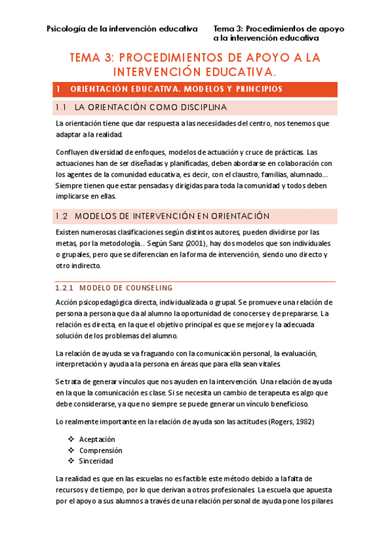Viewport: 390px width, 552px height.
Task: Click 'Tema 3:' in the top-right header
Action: (229, 29)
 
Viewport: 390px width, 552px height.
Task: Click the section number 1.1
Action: (62, 107)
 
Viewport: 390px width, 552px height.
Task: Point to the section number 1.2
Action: (62, 215)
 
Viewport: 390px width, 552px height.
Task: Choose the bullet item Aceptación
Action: (99, 439)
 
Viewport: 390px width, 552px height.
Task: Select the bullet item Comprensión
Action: (101, 450)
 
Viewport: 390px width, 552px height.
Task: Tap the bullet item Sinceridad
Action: (96, 461)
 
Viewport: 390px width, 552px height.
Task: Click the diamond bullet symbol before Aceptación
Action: (71, 439)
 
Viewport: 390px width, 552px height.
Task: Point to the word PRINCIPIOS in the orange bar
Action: (251, 88)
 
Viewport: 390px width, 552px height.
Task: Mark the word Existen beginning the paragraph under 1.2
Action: (68, 231)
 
